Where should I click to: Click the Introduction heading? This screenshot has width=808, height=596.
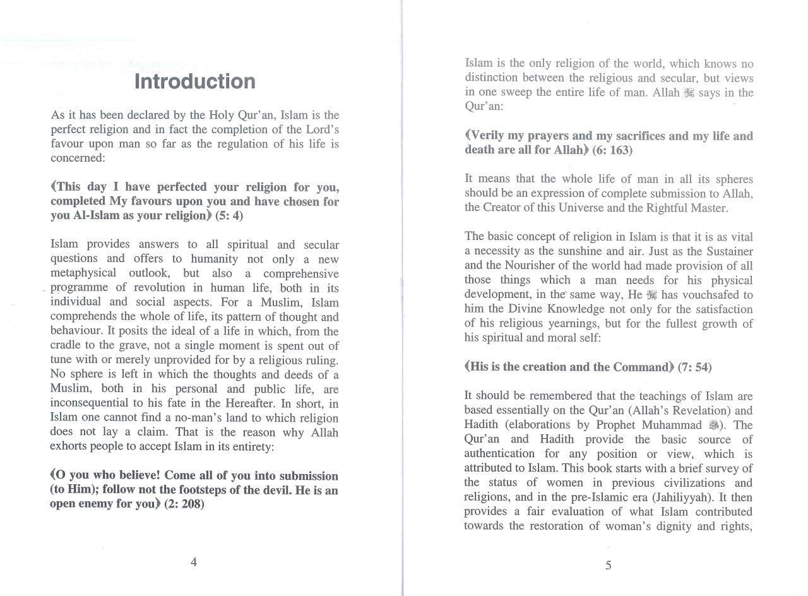[195, 81]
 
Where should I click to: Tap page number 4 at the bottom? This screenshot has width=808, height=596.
[194, 563]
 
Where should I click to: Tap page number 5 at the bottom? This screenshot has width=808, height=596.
[608, 565]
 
